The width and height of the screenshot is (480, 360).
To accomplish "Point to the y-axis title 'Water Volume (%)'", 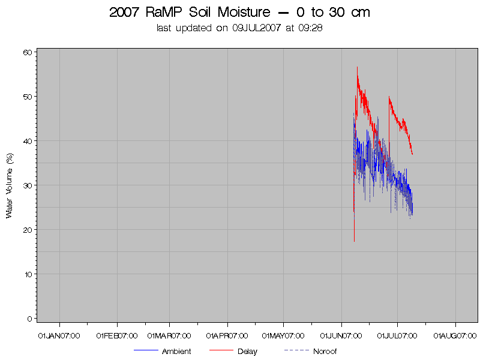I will [x=10, y=185].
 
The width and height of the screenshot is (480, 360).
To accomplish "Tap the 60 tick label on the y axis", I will [x=27, y=52].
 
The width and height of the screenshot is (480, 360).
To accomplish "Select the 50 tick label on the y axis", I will [x=27, y=97].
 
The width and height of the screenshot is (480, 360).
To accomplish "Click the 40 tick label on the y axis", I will [x=27, y=141].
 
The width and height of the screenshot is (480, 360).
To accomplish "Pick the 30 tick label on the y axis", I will [x=27, y=185].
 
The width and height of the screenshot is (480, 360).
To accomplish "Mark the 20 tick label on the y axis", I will [x=27, y=230].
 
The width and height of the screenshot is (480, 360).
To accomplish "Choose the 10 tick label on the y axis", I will [x=27, y=274].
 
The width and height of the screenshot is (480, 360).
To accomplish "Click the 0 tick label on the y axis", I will [x=29, y=319].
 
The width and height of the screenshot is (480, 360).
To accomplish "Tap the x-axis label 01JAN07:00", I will [x=58, y=335].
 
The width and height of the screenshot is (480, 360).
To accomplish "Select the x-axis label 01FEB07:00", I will [x=117, y=335].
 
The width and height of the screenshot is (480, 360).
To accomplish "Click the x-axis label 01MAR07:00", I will [x=169, y=335].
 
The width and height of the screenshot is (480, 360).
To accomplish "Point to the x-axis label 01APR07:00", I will [x=227, y=335].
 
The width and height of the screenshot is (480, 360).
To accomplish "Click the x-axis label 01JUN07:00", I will [x=341, y=335].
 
